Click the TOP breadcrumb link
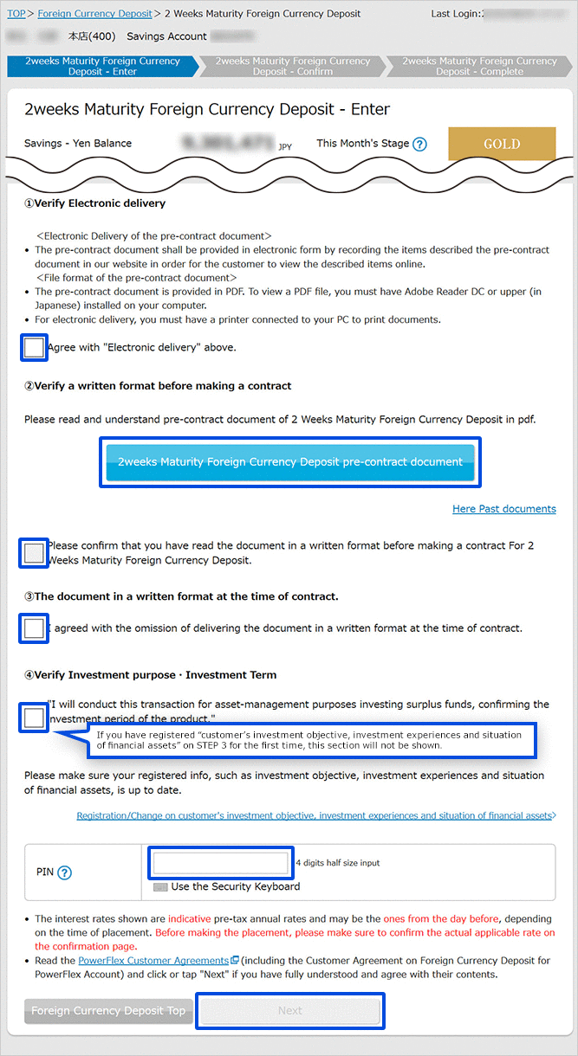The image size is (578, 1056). coord(16,14)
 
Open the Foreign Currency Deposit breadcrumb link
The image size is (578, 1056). coord(94,14)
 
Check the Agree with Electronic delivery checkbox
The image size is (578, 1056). coord(35,348)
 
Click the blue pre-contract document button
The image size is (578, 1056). coord(290,462)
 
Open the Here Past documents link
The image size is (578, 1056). coord(503,509)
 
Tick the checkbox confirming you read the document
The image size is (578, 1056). coord(35,553)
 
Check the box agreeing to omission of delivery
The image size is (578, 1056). coord(35,628)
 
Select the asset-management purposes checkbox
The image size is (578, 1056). coord(35,718)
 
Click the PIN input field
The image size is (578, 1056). coord(220,863)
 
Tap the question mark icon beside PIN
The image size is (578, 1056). coord(64,872)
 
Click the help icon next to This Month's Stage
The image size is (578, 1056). coord(420,145)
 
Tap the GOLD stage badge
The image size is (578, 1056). coord(501,144)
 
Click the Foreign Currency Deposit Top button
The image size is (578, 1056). coord(108,1011)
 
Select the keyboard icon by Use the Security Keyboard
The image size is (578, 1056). coord(160,887)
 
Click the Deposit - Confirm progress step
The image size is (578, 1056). coord(292,67)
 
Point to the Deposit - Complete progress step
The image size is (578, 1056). coord(479,67)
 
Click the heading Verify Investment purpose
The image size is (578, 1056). coord(151,675)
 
